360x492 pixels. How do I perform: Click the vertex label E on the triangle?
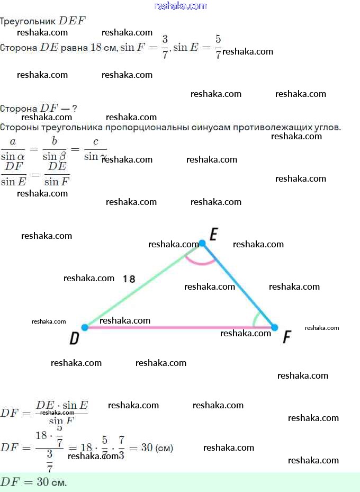tap(213, 234)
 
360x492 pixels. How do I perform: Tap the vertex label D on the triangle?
tap(75, 338)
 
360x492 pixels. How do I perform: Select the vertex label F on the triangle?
tap(287, 336)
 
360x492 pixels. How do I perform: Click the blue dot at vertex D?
tap(85, 327)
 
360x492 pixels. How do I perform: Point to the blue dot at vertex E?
tap(202, 243)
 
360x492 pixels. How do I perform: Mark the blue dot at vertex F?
tap(274, 327)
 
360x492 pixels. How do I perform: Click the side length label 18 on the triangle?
tap(129, 278)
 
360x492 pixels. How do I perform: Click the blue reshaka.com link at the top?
tap(180, 6)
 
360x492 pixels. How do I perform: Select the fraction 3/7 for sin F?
tap(165, 47)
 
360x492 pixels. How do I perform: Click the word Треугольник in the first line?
tap(28, 21)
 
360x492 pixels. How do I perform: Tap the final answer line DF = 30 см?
tap(34, 482)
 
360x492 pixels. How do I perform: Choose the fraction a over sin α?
tap(13, 149)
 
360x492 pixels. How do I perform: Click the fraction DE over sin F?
tap(57, 174)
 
